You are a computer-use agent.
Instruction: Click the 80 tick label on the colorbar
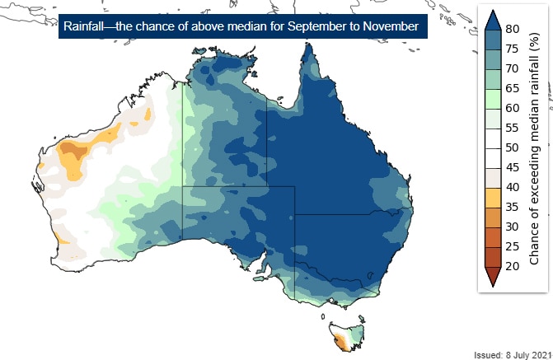(512, 30)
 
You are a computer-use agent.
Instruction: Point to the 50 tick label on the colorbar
(512, 147)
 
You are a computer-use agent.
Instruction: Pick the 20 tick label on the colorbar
(512, 266)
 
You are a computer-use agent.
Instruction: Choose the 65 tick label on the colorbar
(512, 89)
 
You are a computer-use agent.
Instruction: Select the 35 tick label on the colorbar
(512, 207)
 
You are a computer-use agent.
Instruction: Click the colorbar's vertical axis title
(534, 148)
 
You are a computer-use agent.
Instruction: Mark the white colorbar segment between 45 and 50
(491, 157)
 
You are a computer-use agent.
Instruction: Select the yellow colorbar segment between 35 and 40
(491, 197)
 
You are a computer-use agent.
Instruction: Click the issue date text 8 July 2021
(520, 354)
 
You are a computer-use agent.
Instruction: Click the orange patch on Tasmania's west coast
(337, 337)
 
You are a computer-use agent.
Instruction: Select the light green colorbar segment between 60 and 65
(491, 99)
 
